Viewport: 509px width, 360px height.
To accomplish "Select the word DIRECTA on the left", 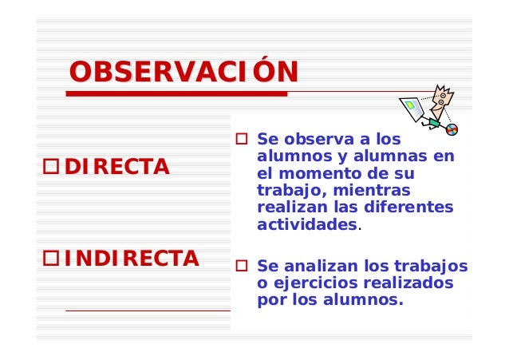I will (116, 168).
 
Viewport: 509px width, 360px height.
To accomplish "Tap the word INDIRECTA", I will (132, 259).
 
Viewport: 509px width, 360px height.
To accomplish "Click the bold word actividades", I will (307, 225).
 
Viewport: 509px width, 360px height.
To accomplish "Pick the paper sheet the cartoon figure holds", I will (413, 109).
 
